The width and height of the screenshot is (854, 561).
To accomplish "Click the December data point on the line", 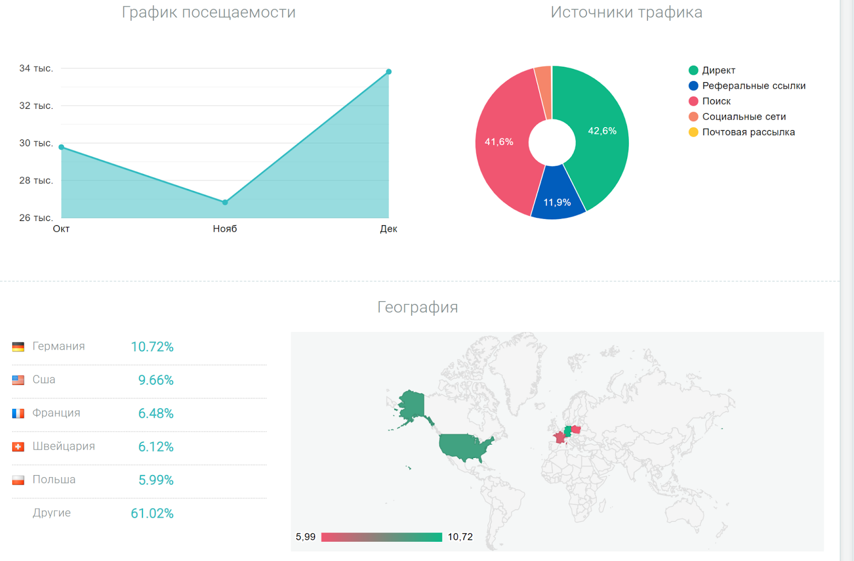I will pos(389,72).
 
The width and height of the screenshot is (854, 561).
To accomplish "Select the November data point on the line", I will pos(225,202).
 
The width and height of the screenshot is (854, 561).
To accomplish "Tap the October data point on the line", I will pos(61,147).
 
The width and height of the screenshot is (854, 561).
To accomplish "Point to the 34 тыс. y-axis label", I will pos(36,68).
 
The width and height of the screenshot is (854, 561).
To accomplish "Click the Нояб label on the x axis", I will pos(225,229).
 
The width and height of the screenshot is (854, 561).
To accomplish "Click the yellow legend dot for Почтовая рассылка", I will pos(693,132).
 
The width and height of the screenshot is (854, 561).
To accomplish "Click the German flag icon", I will pos(18,347).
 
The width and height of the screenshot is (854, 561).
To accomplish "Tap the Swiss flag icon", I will pos(18,447).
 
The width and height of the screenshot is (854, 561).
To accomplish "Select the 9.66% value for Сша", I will pos(156,380).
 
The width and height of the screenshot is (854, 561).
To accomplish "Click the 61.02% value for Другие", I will pos(152,513).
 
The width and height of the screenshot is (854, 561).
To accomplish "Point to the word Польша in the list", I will pos(54,480).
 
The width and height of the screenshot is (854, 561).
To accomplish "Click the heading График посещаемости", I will pos(209,12).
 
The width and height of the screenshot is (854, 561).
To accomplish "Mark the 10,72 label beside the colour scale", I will pos(460,537).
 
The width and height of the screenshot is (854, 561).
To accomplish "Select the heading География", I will pos(417,307).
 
